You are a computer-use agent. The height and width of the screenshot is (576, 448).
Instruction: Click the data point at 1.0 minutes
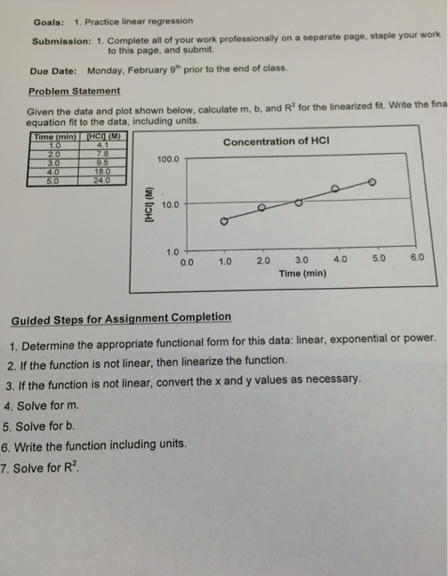(224, 221)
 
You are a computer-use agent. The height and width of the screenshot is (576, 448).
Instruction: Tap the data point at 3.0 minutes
(298, 201)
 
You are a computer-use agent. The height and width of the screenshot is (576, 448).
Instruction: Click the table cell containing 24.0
(101, 179)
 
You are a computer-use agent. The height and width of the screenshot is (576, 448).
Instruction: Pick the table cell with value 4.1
(100, 146)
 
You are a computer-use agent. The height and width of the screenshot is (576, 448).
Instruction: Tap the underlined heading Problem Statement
(74, 91)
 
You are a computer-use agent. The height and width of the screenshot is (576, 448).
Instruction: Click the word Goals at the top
(48, 21)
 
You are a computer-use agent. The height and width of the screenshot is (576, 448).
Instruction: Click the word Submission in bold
(60, 42)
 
